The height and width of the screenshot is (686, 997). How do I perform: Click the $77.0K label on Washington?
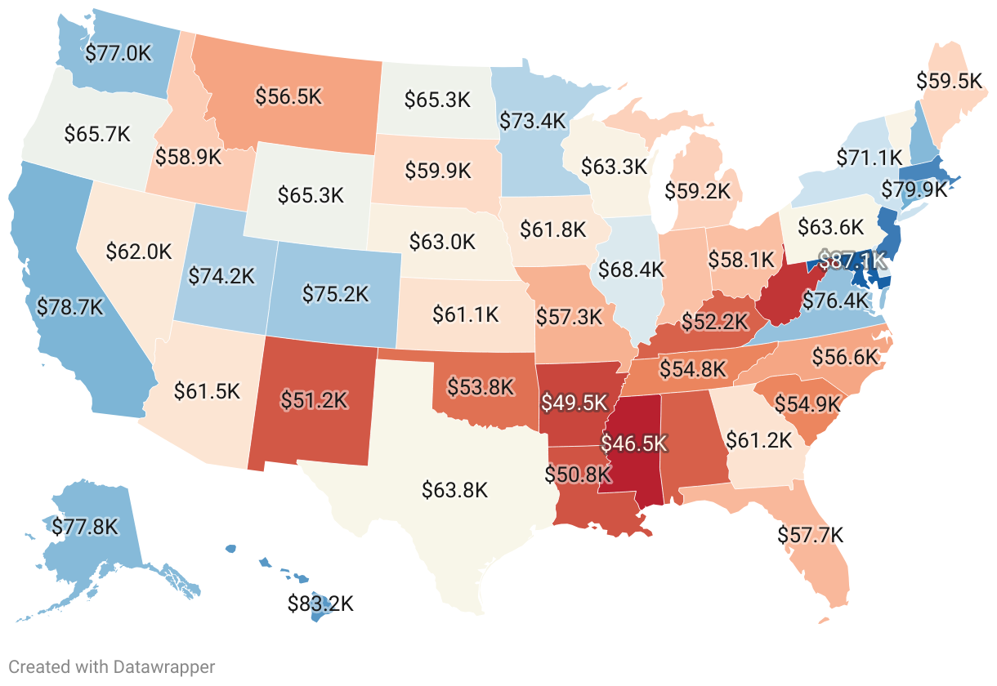[x=118, y=54]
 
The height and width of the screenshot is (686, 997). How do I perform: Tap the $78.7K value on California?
[x=71, y=308]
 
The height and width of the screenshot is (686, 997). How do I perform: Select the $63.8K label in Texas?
[x=455, y=490]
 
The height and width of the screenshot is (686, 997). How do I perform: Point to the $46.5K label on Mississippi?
[x=634, y=443]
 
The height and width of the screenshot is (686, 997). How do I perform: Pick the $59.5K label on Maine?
[x=949, y=81]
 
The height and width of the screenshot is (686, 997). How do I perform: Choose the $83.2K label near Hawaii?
[x=320, y=604]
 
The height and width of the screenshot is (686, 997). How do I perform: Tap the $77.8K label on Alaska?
[x=85, y=526]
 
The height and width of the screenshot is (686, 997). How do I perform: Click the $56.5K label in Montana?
[x=288, y=96]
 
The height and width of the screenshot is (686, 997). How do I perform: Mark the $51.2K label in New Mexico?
[x=314, y=399]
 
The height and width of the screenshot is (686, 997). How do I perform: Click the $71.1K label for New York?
[x=870, y=157]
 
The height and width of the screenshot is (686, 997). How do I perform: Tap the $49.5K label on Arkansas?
[x=575, y=403]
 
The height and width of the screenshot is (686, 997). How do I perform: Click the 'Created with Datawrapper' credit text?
[x=112, y=667]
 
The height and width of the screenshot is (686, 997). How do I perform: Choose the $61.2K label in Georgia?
[x=759, y=441]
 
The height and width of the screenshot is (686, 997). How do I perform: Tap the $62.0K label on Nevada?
[x=139, y=251]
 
